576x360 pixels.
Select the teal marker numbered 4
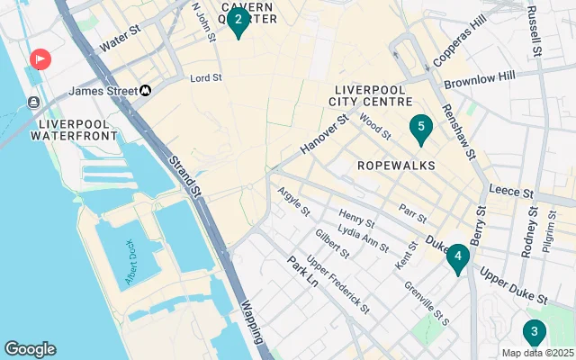pos(458,258)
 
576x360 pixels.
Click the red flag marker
pos(40,60)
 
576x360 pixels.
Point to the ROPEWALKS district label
pos(396,166)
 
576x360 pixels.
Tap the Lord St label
pos(206,78)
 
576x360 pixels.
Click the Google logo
pos(30,349)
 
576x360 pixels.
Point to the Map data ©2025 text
pos(536,353)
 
